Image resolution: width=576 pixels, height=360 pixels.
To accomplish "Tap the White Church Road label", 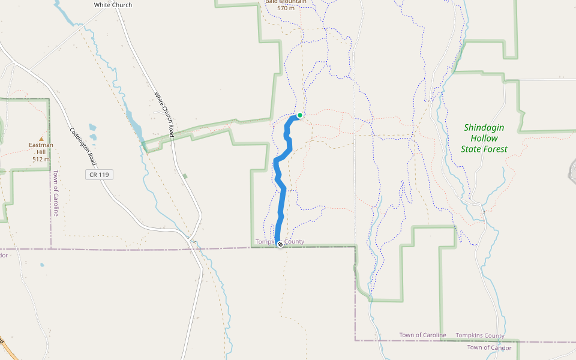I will click(163, 114).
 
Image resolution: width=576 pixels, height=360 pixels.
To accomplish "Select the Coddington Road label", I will click(83, 147).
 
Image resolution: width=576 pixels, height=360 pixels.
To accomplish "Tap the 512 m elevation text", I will click(41, 159).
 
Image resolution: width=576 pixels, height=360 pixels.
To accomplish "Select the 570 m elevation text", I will click(286, 8).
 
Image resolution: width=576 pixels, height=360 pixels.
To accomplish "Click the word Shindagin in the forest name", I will click(484, 128).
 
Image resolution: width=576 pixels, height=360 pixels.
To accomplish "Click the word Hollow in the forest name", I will click(484, 139).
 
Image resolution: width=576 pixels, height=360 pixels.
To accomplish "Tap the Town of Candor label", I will click(490, 347).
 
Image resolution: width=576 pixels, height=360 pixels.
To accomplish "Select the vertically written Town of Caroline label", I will click(55, 193).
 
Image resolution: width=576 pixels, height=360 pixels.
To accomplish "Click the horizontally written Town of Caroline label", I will click(423, 335).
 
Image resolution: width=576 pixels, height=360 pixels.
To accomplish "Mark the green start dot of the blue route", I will click(300, 115).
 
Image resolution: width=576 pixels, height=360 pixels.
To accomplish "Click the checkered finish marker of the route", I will click(280, 244).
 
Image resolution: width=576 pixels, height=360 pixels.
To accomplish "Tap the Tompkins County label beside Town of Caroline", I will click(480, 335).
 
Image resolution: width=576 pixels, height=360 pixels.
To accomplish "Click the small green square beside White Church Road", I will click(185, 176).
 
